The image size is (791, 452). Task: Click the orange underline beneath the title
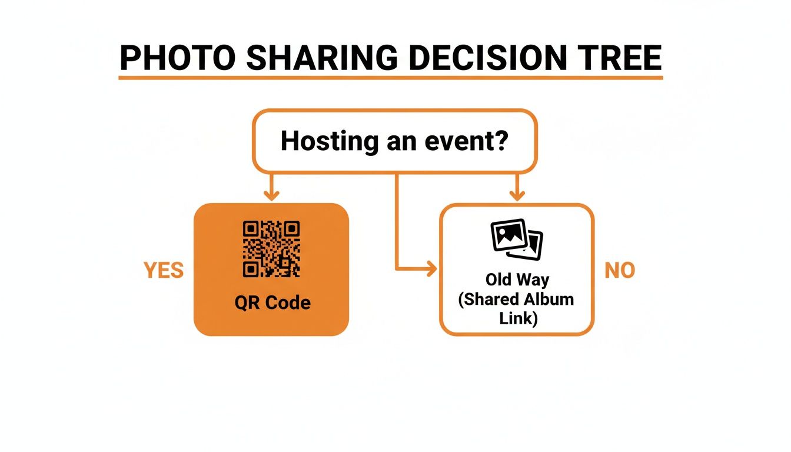point(391,77)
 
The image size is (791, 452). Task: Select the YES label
point(164,270)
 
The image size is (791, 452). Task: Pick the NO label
point(620,270)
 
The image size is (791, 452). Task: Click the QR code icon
point(271,248)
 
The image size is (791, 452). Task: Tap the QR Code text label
point(271,303)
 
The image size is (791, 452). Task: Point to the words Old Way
point(517,279)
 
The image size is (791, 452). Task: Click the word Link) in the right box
point(517,318)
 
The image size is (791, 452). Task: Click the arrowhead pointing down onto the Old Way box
point(517,194)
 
